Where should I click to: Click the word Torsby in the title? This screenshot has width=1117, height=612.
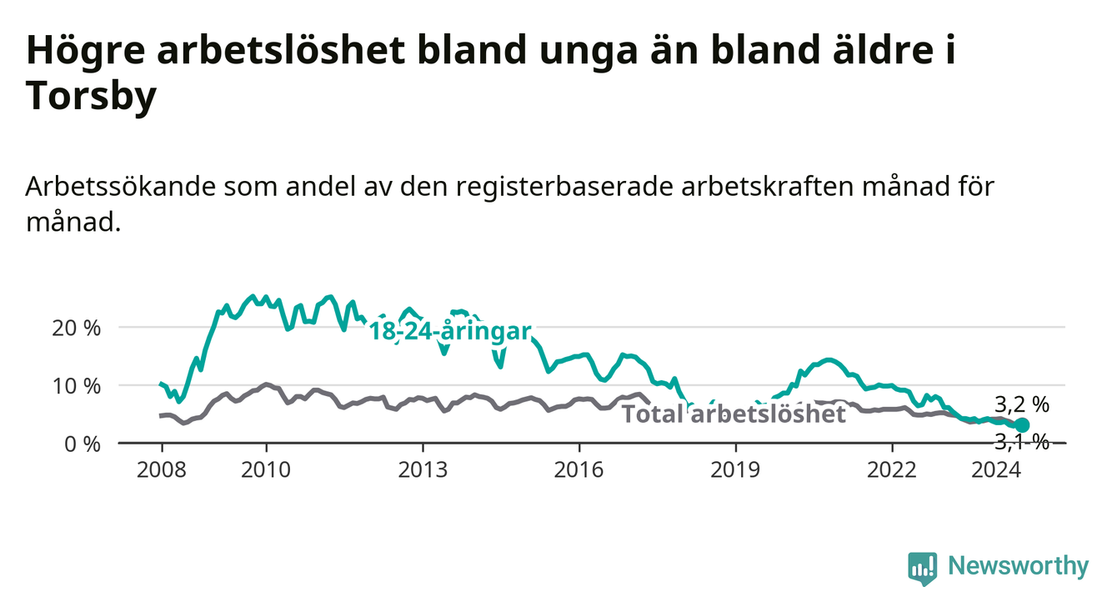pos(91,96)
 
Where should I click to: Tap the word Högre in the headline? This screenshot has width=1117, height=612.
pos(85,52)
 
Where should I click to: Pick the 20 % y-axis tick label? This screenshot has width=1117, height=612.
pos(77,329)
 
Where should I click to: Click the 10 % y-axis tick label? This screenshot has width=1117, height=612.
pos(77,386)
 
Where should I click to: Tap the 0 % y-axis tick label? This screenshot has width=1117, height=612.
pos(83,444)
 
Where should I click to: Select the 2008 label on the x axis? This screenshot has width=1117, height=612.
pos(161,470)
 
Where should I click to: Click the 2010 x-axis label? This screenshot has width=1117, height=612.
pos(266,470)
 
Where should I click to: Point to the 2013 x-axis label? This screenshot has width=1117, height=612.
pos(423,470)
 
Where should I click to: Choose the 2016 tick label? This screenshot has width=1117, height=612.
pos(579,470)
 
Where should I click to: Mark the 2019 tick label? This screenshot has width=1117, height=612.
pos(735,470)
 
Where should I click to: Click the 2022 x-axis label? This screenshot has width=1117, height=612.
pos(892,470)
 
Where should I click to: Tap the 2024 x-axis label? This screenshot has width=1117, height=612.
pos(996,470)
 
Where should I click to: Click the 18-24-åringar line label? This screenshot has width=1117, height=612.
pos(450,332)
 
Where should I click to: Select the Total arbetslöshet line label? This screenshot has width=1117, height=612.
pos(734,414)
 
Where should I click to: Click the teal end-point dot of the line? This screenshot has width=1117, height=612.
pos(1022,425)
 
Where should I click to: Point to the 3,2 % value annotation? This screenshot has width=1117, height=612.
pos(1022,404)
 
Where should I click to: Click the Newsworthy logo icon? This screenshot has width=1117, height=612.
pos(922,568)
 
